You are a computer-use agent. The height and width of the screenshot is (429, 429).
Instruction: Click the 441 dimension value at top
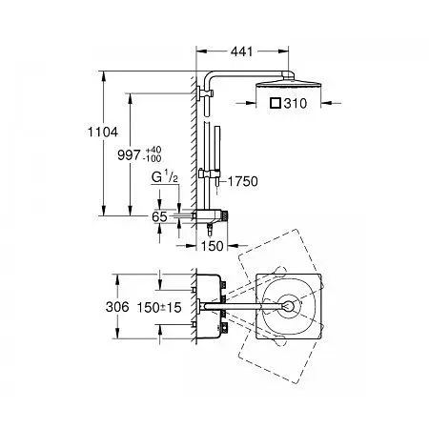(x=241, y=51)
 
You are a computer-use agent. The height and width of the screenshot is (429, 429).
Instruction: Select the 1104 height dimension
(x=103, y=132)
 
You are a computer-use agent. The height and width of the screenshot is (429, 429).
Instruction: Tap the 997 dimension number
(x=129, y=155)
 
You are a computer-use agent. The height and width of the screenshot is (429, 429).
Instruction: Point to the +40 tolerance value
(x=153, y=150)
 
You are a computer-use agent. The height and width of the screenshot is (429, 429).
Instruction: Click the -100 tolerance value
(x=153, y=158)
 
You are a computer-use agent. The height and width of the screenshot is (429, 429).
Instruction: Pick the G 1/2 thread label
(x=165, y=177)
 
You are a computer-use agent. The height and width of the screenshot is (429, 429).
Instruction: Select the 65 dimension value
(x=159, y=216)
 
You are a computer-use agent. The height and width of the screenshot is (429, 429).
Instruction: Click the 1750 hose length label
(x=243, y=181)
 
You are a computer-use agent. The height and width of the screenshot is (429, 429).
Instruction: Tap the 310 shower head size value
(x=296, y=103)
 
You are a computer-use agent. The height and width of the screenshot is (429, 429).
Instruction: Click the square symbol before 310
(x=276, y=103)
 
